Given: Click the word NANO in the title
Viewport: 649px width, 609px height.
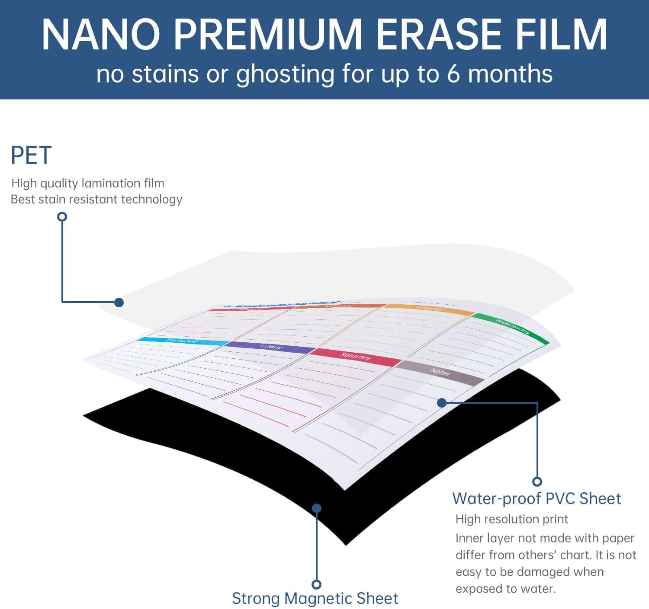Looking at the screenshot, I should coord(101,35).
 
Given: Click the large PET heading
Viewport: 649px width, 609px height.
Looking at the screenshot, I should coord(31,156).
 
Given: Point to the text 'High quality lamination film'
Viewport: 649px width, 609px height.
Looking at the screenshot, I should coord(88,183).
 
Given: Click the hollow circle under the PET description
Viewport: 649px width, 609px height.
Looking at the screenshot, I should coord(62,217).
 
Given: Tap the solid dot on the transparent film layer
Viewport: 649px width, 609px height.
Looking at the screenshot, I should coord(119,302).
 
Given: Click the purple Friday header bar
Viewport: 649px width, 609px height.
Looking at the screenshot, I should coord(270,347).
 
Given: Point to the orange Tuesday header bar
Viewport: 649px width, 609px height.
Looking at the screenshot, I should coord(430,309).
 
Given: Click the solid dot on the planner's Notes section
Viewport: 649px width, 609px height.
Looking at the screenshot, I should coord(442,403).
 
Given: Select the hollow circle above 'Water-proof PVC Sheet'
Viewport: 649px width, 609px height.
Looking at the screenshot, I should coord(537,481).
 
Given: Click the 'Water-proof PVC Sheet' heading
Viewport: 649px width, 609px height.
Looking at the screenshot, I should coord(537,499).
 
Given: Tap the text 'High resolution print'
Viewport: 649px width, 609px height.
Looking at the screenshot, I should coord(511,519).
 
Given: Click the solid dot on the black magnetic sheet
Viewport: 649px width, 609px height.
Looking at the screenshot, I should coord(317,508).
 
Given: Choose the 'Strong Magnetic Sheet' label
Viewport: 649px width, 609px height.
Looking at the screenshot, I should coord(315,599).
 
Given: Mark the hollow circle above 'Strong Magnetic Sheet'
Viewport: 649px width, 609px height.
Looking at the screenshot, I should coord(317,584).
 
